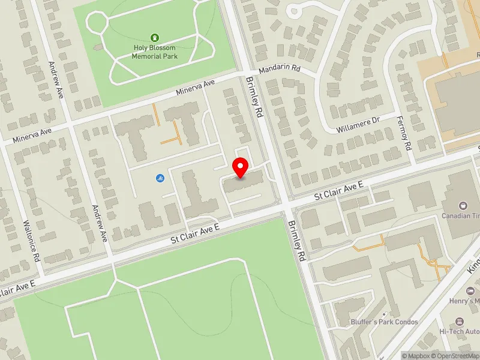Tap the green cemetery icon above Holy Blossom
pos(155,38)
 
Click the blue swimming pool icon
pos(160,178)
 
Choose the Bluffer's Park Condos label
pos(384,322)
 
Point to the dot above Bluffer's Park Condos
pos(384,313)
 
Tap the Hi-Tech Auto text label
pos(459,331)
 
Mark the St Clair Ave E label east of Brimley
pos(340,191)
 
